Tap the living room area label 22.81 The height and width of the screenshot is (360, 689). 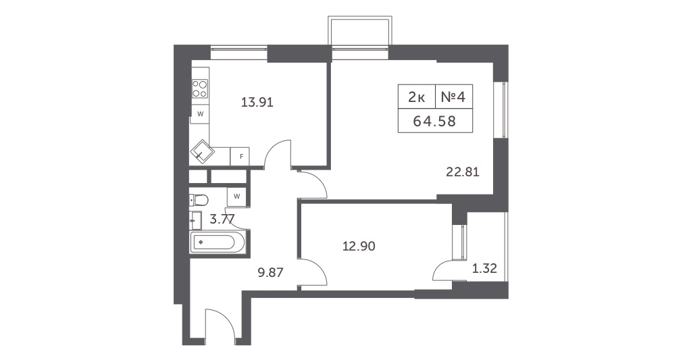[x=463, y=172]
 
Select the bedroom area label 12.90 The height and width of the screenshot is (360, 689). [x=359, y=246]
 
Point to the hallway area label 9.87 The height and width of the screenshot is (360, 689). [x=274, y=273]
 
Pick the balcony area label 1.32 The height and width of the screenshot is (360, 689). [x=484, y=268]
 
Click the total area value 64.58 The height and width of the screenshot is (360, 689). [x=435, y=122]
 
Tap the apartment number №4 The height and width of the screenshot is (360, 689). [x=453, y=97]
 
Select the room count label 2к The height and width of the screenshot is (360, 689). [x=417, y=97]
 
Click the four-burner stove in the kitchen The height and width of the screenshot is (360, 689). [x=200, y=88]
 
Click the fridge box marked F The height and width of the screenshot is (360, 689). [x=240, y=157]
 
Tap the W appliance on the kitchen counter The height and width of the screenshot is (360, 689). [x=200, y=113]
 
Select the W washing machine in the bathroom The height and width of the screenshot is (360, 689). [x=236, y=196]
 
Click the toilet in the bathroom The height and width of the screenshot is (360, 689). [x=199, y=199]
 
